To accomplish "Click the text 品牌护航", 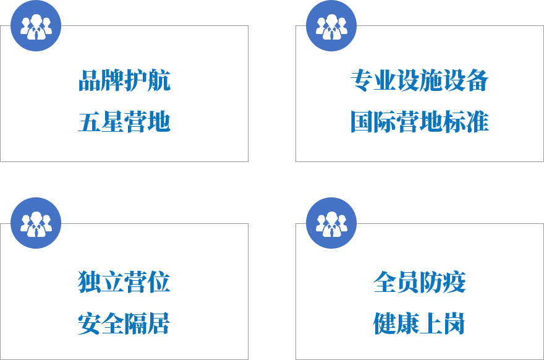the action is [124, 80].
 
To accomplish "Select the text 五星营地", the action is [124, 122].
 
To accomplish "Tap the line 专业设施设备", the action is [419, 80].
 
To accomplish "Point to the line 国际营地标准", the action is [419, 122].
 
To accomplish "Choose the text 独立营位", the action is [124, 282].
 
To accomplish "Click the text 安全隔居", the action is [124, 324].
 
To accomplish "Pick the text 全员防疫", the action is [419, 282].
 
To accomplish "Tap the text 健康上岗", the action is [419, 324].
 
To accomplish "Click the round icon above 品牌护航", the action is [36, 26].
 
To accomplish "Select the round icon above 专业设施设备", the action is [331, 26].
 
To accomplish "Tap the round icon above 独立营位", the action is [36, 223].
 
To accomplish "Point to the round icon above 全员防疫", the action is [331, 223].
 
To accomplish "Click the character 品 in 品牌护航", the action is [90, 80].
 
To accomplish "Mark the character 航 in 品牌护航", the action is [159, 80].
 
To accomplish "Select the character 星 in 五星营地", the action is [113, 122].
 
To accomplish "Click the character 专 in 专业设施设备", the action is [362, 80].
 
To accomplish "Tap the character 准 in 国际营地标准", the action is [477, 122].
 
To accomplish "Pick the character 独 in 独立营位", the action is [90, 282].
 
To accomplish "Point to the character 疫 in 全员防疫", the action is [454, 282].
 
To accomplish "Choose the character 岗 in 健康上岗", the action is [454, 324].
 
